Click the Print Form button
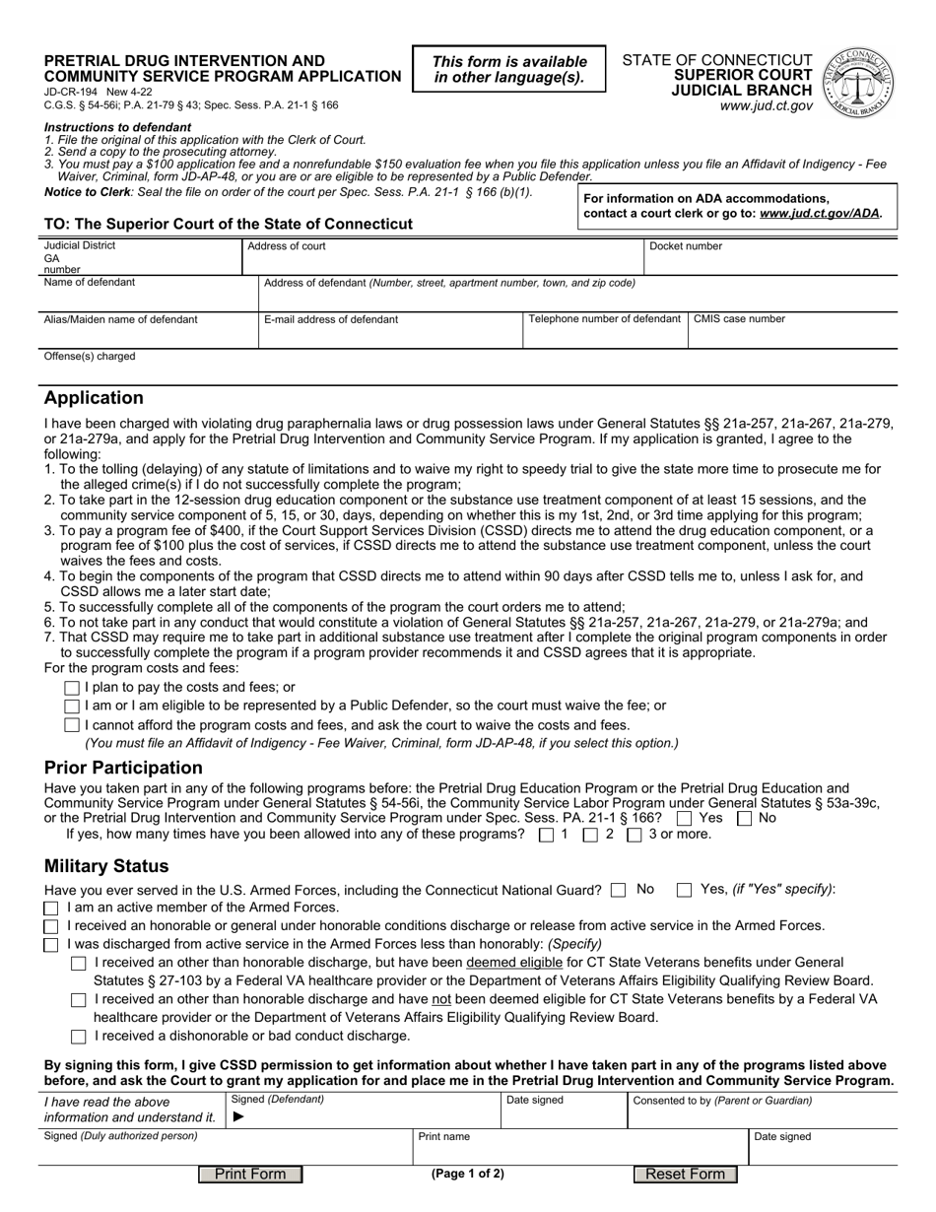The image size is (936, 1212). click(x=250, y=1174)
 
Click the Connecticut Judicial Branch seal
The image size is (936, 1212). click(x=860, y=82)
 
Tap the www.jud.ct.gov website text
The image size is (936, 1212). click(x=766, y=105)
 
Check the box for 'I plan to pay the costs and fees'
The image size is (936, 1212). click(x=71, y=688)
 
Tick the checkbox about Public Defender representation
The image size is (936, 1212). click(x=71, y=707)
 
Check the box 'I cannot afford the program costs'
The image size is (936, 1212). click(x=71, y=725)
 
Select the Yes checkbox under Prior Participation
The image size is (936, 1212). click(x=685, y=817)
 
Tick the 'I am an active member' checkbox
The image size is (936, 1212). click(x=51, y=908)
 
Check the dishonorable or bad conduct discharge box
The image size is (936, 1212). click(x=79, y=1037)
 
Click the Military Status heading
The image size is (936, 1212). click(x=106, y=866)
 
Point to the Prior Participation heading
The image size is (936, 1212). click(x=123, y=768)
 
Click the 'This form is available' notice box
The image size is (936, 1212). click(x=510, y=69)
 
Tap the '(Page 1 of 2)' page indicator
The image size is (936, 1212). click(x=467, y=1174)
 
